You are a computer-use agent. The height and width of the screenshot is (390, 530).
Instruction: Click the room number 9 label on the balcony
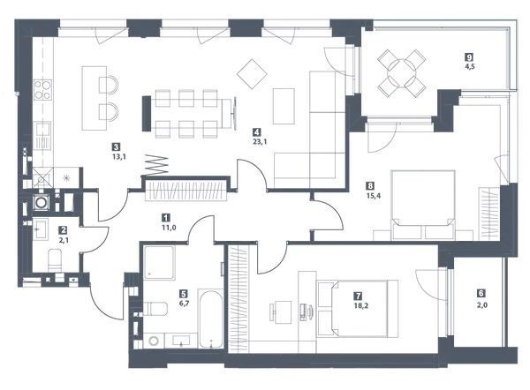pyautogui.click(x=470, y=57)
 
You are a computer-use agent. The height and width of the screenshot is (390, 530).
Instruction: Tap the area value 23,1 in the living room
pyautogui.click(x=260, y=142)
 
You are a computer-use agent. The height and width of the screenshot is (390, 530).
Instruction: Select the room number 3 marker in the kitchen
pyautogui.click(x=117, y=147)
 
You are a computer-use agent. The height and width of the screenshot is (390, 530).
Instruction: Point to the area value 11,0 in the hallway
pyautogui.click(x=169, y=228)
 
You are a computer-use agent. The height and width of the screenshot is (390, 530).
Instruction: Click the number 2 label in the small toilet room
pyautogui.click(x=63, y=230)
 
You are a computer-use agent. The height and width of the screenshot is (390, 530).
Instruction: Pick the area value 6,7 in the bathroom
pyautogui.click(x=184, y=304)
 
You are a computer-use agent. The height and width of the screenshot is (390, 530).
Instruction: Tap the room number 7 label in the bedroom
pyautogui.click(x=358, y=296)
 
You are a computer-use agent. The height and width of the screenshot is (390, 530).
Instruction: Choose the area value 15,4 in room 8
pyautogui.click(x=374, y=196)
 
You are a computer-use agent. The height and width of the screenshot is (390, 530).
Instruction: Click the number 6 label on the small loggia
pyautogui.click(x=481, y=293)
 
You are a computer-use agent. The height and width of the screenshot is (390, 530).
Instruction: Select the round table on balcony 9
pyautogui.click(x=402, y=73)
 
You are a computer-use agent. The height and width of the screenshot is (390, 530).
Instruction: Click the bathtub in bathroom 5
pyautogui.click(x=210, y=319)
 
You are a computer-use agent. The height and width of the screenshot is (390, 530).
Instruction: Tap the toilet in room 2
pyautogui.click(x=55, y=260)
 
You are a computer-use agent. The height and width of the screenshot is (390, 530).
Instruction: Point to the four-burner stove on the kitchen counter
pyautogui.click(x=43, y=90)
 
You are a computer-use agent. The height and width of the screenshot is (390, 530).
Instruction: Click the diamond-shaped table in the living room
pyautogui.click(x=252, y=74)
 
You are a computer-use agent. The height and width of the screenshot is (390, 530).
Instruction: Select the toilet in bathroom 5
pyautogui.click(x=155, y=309)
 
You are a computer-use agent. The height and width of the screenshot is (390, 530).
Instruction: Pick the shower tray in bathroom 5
pyautogui.click(x=160, y=263)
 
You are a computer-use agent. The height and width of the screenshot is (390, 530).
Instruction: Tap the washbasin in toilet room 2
pyautogui.click(x=41, y=229)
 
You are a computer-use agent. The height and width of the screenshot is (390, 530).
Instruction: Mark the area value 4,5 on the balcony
pyautogui.click(x=470, y=66)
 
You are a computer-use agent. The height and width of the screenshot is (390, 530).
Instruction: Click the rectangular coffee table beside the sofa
pyautogui.click(x=284, y=106)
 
